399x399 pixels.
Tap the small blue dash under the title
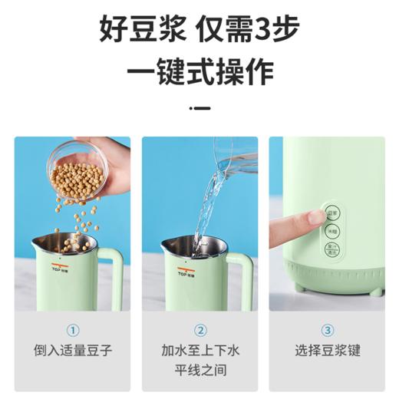[199, 109]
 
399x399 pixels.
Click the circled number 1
[74, 331]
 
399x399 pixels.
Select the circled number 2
[199, 331]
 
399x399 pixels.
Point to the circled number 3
[327, 331]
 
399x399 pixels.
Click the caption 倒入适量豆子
[74, 351]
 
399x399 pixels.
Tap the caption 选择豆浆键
[327, 351]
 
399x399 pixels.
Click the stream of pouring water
[206, 207]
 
